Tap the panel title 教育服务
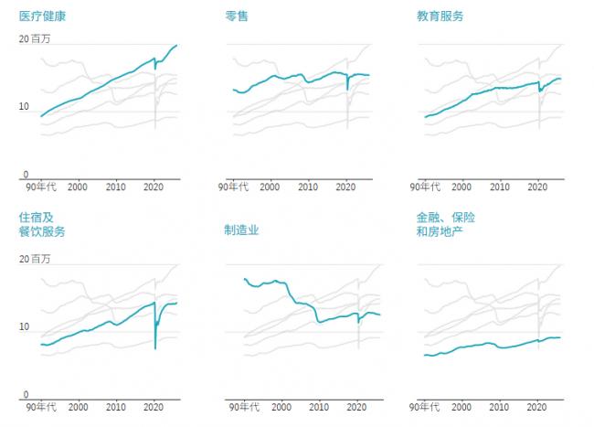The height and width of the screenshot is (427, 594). coord(440,16)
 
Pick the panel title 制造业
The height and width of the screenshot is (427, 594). coord(241,230)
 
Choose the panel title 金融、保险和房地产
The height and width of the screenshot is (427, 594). coord(446,224)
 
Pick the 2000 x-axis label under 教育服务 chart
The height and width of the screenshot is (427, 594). coord(462,187)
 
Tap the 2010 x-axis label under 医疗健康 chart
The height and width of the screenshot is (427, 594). coord(116,187)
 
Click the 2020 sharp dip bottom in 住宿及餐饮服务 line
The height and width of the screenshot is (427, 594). coord(154,348)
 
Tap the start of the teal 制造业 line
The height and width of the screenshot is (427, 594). coord(244,278)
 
